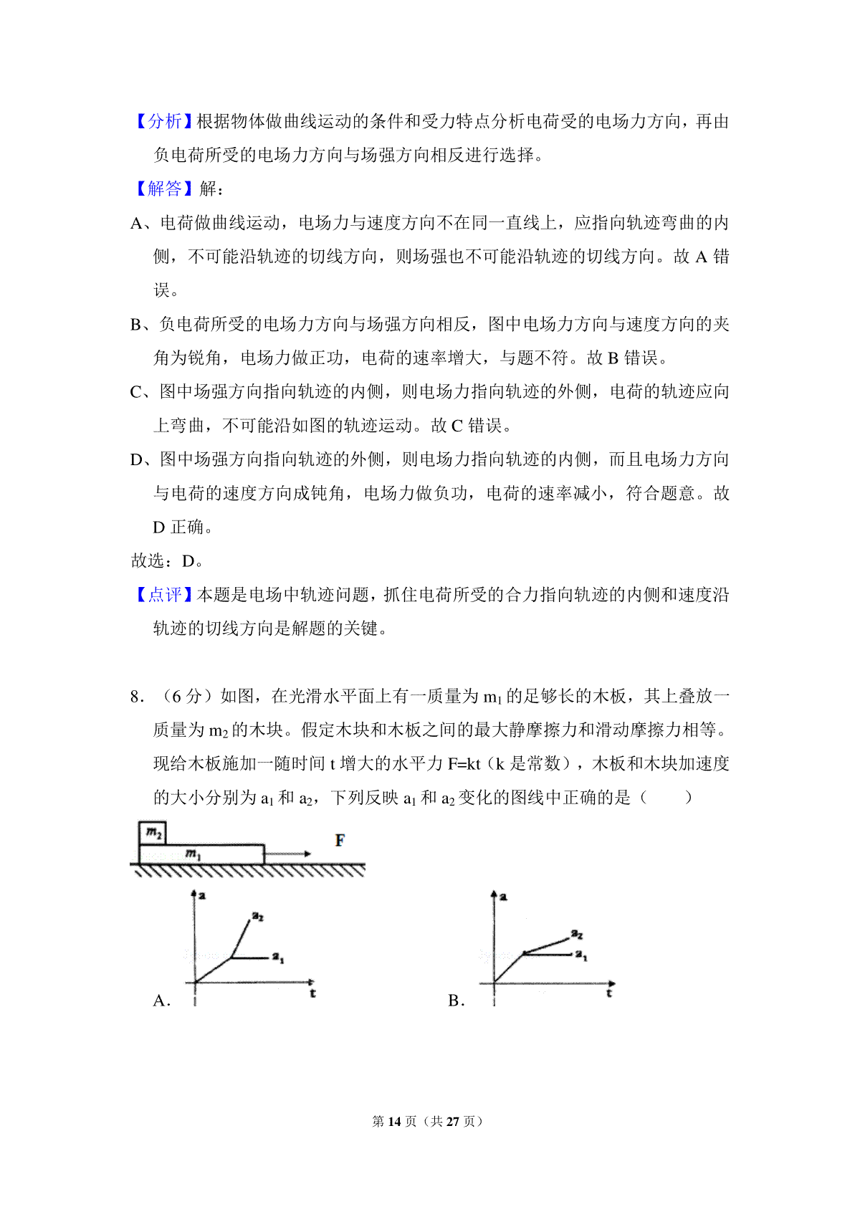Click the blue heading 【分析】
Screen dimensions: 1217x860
coord(164,121)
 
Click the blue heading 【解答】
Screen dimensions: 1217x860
coord(164,188)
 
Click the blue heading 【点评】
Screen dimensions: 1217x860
coord(164,594)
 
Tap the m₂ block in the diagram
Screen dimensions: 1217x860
coord(153,833)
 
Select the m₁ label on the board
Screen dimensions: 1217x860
coord(193,854)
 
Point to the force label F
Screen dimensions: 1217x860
coord(340,840)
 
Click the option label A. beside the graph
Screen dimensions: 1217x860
coord(162,1001)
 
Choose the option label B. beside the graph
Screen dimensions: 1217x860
coord(457,1001)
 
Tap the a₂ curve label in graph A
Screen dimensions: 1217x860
coord(258,916)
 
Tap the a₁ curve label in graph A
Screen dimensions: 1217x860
coord(278,958)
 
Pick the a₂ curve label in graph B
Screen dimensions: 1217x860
coord(577,934)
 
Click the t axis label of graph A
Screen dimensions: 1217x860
coord(313,993)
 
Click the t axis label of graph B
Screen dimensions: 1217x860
coord(609,993)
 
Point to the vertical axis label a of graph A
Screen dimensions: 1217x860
coord(203,895)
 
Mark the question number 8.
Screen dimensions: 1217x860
coord(137,696)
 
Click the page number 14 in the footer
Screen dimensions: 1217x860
coord(393,1121)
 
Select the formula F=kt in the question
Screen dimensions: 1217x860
coord(464,764)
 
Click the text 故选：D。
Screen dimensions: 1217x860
coord(166,560)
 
